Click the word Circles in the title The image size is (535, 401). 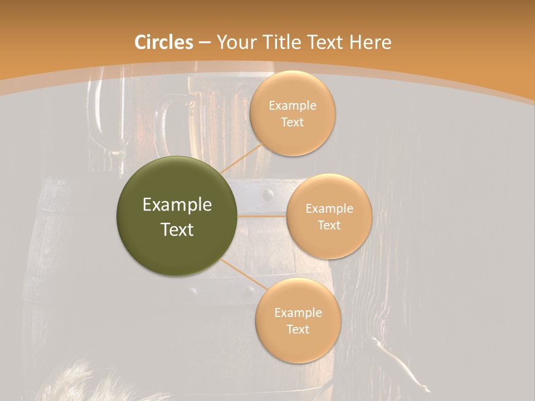click(x=164, y=42)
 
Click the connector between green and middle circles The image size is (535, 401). click(x=262, y=216)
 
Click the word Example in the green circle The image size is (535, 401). click(x=177, y=205)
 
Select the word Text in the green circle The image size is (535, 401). click(x=177, y=229)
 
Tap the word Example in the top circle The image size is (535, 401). click(x=293, y=105)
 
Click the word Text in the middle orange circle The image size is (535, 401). click(x=329, y=225)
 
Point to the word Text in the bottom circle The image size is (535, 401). click(x=298, y=329)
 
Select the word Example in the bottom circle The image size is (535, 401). click(x=298, y=312)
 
